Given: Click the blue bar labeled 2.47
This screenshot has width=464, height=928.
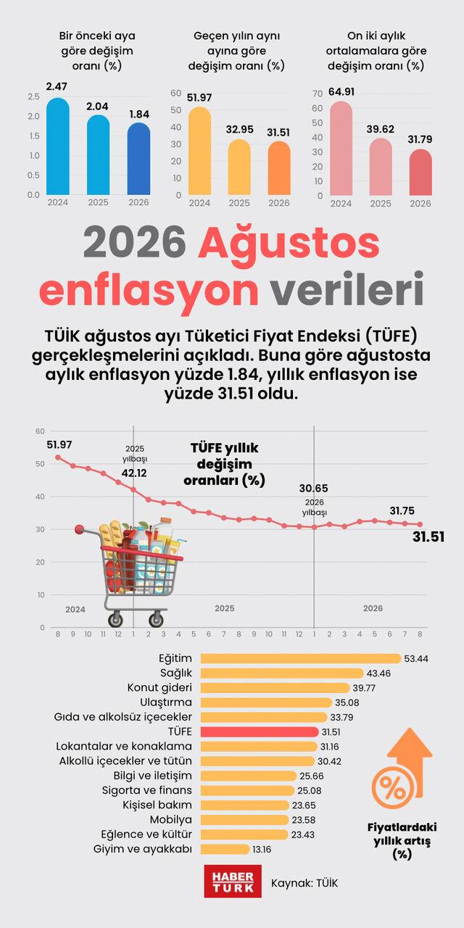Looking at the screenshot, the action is coord(57,146).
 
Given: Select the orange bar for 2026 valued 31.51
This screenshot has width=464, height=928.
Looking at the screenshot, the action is coord(279,167).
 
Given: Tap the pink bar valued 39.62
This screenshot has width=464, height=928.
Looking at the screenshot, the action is coord(381,167).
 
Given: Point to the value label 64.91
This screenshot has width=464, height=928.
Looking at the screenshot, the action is coord(341,91).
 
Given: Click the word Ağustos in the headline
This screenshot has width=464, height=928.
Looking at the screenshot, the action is coord(289,244).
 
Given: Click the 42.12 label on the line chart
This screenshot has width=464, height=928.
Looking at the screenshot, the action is coord(134,473).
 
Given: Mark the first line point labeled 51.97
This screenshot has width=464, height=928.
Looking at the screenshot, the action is coord(58,457).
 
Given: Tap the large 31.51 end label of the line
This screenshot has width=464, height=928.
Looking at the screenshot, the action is coord(428,537).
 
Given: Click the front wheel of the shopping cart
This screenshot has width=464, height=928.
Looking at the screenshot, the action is coord(156,620).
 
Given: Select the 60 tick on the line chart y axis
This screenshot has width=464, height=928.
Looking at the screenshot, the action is coord(40,431).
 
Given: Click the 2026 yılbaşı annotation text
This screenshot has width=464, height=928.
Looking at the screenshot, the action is coord(315,507).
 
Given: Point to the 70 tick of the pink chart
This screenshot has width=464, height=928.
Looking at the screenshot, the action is coord(318,94).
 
